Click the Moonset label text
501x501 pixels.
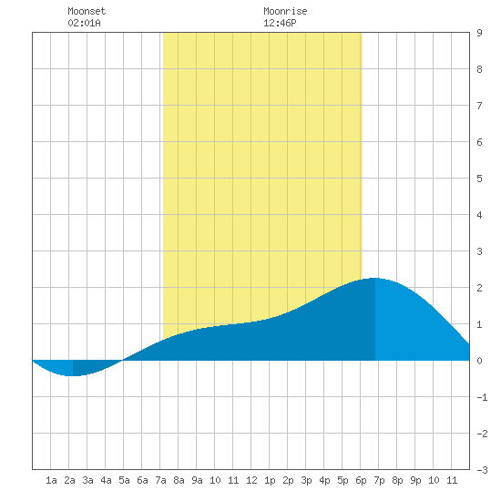[x=87, y=11]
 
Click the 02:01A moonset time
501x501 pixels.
[x=85, y=23]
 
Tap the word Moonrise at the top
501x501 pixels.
[x=285, y=11]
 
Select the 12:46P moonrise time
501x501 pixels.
[x=280, y=23]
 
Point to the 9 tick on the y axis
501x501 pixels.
[x=479, y=33]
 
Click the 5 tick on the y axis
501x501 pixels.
[x=479, y=179]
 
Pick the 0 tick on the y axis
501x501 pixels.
[x=479, y=361]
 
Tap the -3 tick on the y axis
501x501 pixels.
[x=482, y=470]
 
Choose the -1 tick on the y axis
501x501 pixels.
[x=482, y=397]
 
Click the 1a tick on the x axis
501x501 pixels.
[x=51, y=480]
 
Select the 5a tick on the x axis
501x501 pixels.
[x=124, y=480]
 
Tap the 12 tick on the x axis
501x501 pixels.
[x=251, y=480]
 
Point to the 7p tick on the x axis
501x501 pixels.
[x=379, y=480]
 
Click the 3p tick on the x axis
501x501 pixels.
[x=306, y=480]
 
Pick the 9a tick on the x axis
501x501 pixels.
[x=197, y=480]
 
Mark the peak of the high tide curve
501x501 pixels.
[x=374, y=278]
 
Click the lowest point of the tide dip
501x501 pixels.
[x=73, y=375]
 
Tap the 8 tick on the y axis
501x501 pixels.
[x=479, y=69]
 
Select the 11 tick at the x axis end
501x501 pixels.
[x=452, y=480]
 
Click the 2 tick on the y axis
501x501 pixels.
[x=479, y=288]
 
